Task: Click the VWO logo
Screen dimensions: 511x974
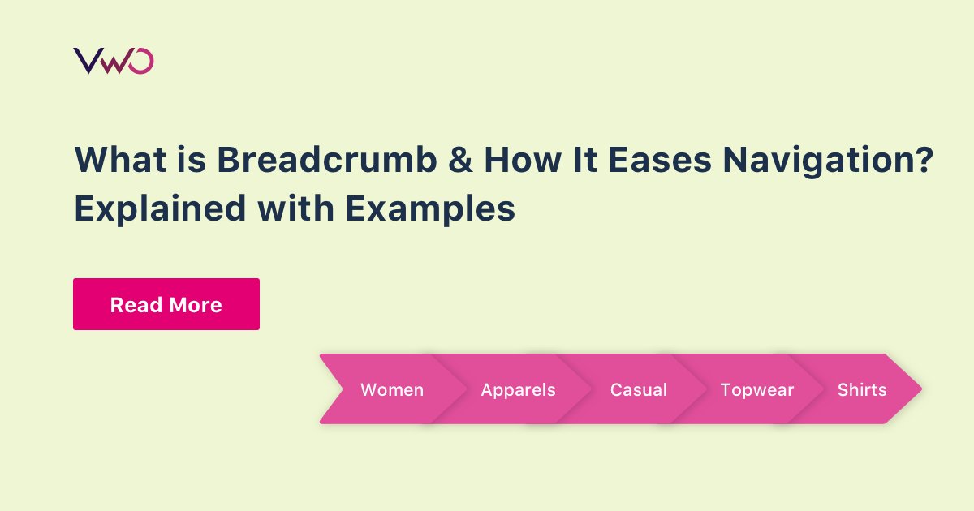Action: (x=114, y=61)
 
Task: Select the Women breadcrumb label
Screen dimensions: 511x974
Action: (x=392, y=390)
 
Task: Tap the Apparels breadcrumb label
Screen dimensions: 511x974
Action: (x=518, y=390)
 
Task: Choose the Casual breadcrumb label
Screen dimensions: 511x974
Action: (x=639, y=390)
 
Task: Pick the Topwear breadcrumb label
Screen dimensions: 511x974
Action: (x=757, y=390)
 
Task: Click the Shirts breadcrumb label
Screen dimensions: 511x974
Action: (x=862, y=390)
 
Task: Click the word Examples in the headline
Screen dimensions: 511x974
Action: (x=430, y=209)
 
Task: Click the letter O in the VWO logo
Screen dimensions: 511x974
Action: (x=141, y=61)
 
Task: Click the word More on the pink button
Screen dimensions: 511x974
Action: (x=195, y=305)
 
